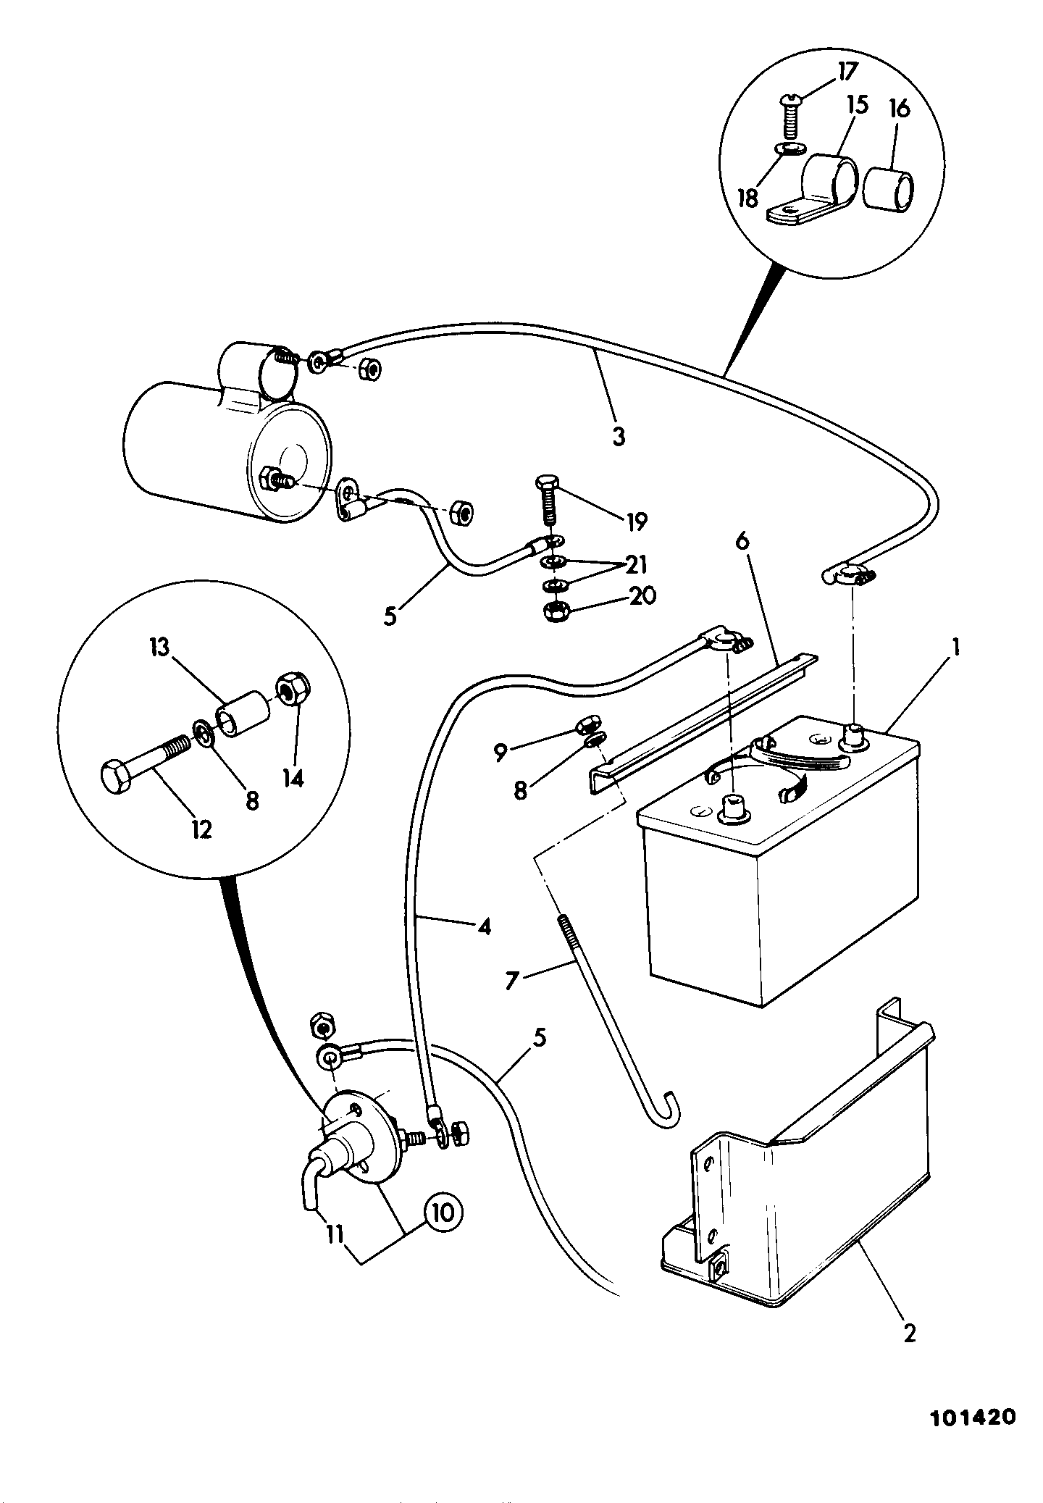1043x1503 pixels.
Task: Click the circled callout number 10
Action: point(443,1212)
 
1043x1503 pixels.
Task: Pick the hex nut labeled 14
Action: point(293,691)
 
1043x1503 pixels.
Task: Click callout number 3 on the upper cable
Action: point(618,436)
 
